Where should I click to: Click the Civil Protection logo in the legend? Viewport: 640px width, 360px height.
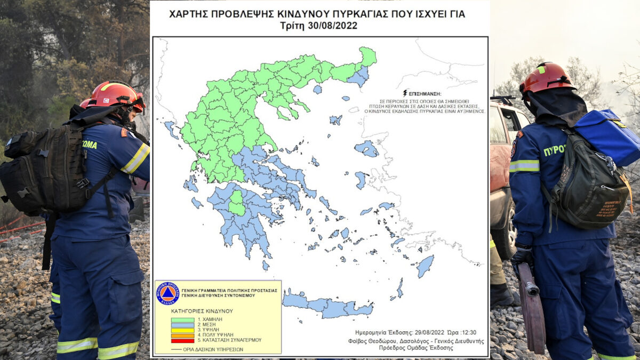167,294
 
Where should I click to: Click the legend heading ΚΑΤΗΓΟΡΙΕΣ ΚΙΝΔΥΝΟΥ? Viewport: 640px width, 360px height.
202,310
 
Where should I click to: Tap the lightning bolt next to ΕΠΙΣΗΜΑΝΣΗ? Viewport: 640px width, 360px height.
406,93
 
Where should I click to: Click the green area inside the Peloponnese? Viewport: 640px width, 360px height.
237,203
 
